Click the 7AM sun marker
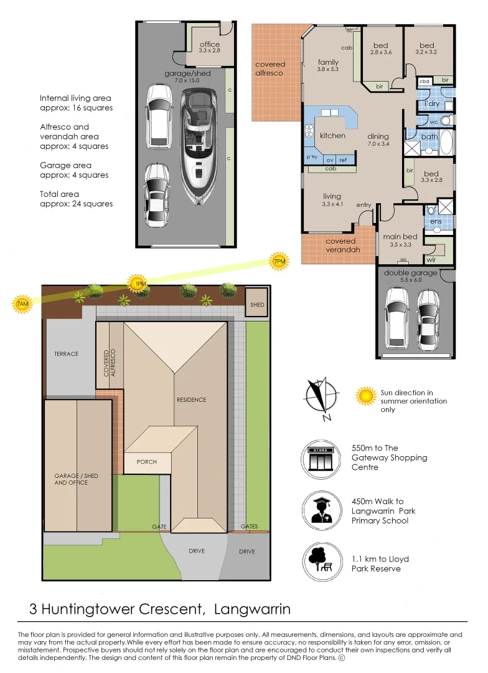coord(22,304)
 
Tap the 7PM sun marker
coord(279,261)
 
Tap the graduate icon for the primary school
coord(322,511)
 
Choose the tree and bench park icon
coord(322,562)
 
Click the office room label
coord(210,44)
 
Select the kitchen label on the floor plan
coord(332,136)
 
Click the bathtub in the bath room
coord(445,141)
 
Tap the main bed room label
coord(400,237)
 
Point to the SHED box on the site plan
coord(257,304)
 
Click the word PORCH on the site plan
coord(147,462)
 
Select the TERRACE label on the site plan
coord(67,354)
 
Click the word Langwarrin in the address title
coord(252,609)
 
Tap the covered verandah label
coord(342,246)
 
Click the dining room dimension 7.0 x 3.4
coord(378,144)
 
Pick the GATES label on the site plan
coord(249,526)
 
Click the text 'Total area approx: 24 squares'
coord(77,199)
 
